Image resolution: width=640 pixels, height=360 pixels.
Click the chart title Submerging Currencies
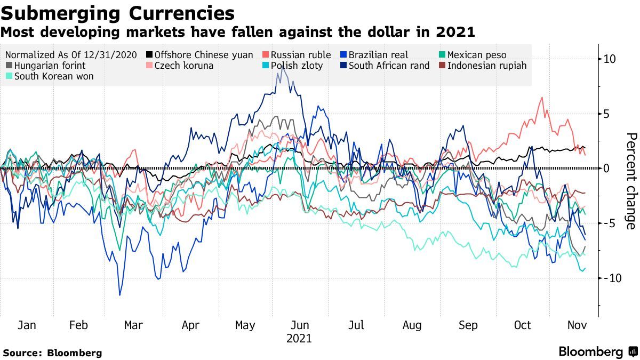click(117, 13)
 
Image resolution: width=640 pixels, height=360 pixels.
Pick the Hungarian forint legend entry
click(50, 66)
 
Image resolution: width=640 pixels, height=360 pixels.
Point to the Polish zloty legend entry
click(297, 66)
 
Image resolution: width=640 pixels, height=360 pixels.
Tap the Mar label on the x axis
click(133, 325)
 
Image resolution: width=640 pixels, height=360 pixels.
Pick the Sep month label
click(468, 325)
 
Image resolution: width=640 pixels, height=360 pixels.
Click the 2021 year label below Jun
click(299, 338)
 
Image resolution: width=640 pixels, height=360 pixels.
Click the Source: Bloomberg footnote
click(52, 353)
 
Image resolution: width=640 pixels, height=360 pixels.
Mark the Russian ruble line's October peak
click(542, 98)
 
